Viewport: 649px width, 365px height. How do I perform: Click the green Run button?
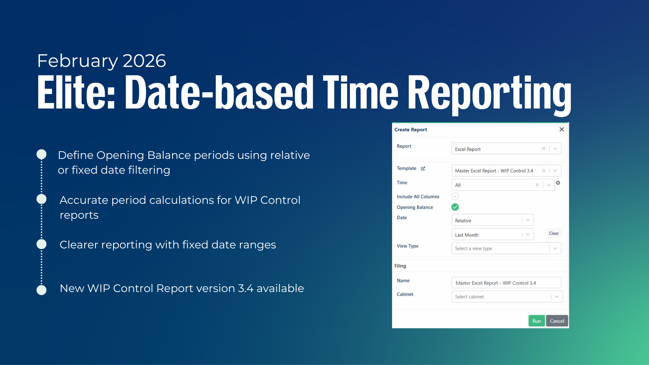coord(536,321)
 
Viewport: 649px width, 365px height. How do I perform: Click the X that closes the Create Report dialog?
coord(561,129)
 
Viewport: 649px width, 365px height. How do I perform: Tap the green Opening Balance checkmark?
coord(455,207)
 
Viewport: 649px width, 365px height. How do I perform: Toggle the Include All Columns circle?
coord(455,196)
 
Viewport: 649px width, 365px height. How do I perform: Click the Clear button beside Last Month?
coord(554,233)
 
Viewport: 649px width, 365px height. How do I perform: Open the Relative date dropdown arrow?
coord(528,220)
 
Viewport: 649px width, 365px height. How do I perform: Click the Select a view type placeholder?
coord(473,248)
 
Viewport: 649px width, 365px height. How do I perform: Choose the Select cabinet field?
coord(507,296)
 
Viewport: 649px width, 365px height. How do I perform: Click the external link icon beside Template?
coord(423,168)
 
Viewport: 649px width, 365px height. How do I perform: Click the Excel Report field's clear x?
coord(544,148)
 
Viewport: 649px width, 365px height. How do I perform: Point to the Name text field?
coord(506,283)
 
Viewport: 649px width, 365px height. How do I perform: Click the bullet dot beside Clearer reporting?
coord(42,244)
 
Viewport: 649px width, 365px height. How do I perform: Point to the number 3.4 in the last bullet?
coord(245,288)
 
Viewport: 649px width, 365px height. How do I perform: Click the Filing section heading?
coord(400,266)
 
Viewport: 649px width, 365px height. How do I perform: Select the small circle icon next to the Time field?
coord(558,182)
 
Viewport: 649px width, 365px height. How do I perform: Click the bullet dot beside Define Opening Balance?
coord(42,154)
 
